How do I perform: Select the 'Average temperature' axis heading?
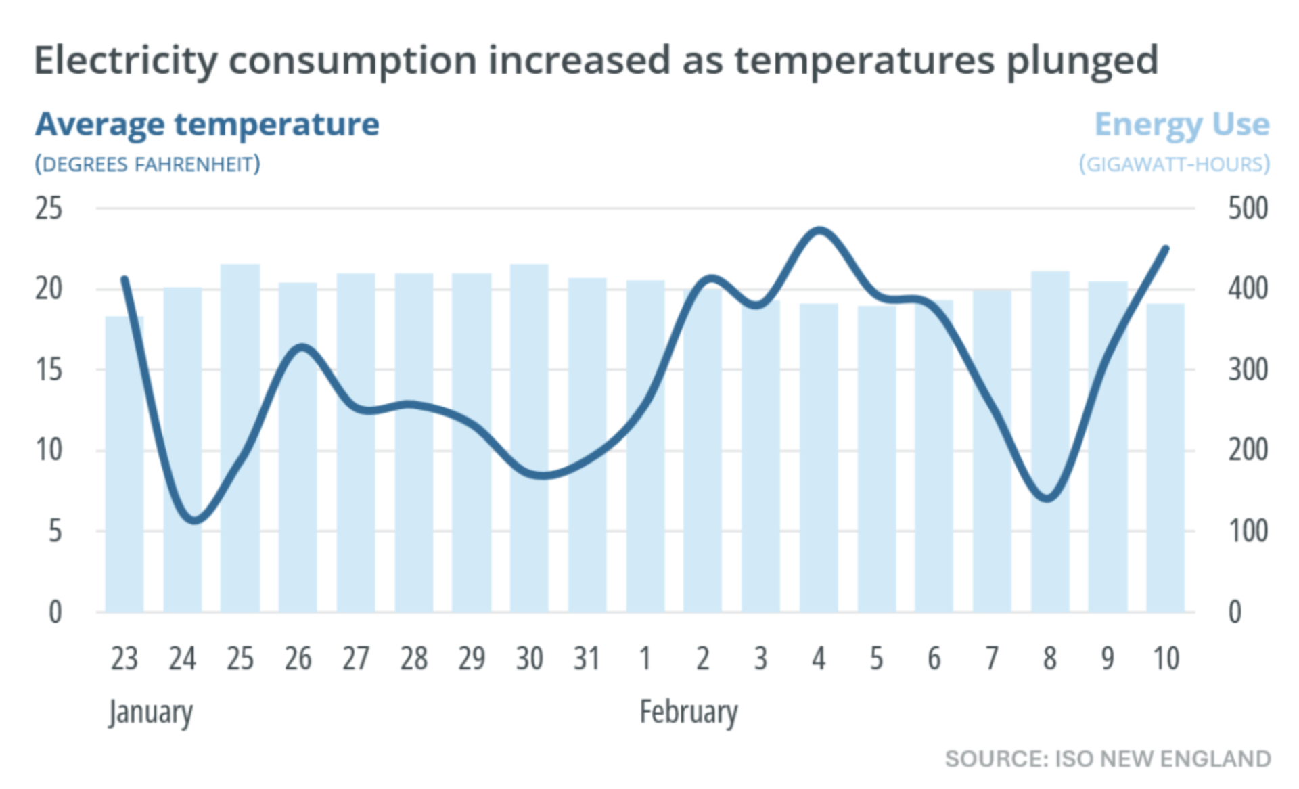pyautogui.click(x=207, y=125)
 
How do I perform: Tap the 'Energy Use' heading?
pyautogui.click(x=1181, y=125)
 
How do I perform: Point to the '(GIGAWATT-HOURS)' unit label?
pyautogui.click(x=1174, y=164)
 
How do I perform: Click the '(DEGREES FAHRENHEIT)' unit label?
pyautogui.click(x=147, y=164)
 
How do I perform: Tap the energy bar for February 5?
pyautogui.click(x=877, y=459)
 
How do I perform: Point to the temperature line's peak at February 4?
pyautogui.click(x=819, y=231)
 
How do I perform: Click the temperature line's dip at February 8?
pyautogui.click(x=1048, y=499)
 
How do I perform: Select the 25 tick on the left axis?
pyautogui.click(x=49, y=208)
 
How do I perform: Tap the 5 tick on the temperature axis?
pyautogui.click(x=55, y=532)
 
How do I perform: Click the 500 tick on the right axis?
pyautogui.click(x=1248, y=208)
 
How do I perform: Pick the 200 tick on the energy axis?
pyautogui.click(x=1248, y=451)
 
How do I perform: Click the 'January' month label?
pyautogui.click(x=151, y=713)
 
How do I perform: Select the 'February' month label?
pyautogui.click(x=689, y=713)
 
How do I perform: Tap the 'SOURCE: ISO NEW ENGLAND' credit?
pyautogui.click(x=1108, y=759)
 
